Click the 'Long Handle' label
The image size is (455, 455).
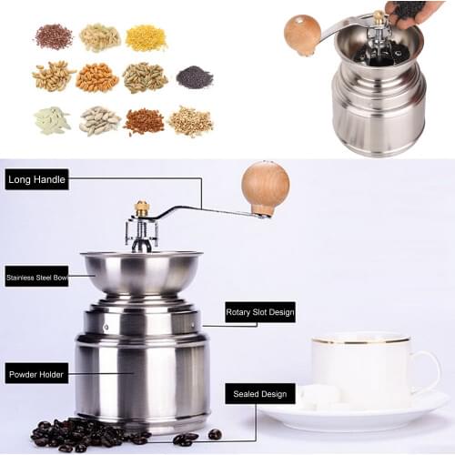click(37, 179)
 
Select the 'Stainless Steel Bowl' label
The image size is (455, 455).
click(36, 277)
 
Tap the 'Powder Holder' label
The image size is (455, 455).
click(37, 373)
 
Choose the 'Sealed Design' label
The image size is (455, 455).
click(260, 394)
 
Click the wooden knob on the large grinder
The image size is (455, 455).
click(265, 187)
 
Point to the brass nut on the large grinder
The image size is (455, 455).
click(142, 208)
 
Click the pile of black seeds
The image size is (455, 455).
click(194, 77)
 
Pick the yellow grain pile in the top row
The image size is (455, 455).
click(146, 37)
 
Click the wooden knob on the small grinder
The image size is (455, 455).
click(302, 34)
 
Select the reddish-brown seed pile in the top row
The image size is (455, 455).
click(54, 36)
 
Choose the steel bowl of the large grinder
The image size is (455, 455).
click(140, 272)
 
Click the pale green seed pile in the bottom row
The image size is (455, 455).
click(52, 120)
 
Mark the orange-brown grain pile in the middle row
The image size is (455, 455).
click(98, 77)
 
